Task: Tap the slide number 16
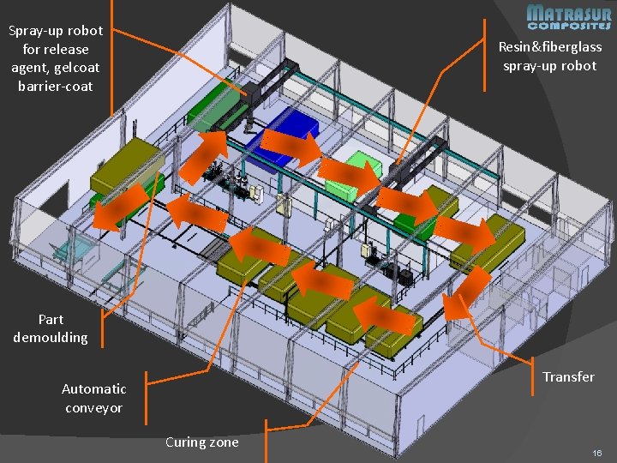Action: tap(597, 451)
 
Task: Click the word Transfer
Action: tap(568, 376)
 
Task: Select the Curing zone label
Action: tap(201, 442)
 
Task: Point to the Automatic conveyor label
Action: tap(93, 399)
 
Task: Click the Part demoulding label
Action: tap(51, 328)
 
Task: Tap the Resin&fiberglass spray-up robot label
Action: tap(550, 57)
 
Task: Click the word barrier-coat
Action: tap(55, 87)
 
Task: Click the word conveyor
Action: tap(93, 408)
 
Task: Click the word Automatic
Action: tap(93, 389)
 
